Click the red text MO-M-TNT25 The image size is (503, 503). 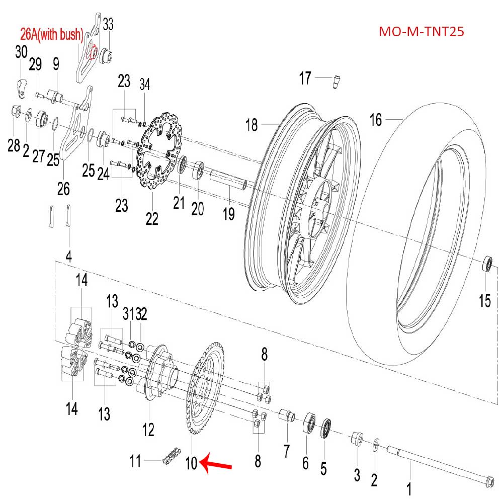pos(421,32)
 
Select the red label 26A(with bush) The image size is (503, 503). pos(51,35)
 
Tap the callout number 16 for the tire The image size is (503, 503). pos(376,120)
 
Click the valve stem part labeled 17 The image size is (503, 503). pos(336,80)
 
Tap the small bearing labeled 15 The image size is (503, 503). pos(487,264)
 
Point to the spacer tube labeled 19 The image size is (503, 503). pos(227,180)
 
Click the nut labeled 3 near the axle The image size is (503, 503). pos(357,439)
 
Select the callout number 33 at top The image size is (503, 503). pos(108,24)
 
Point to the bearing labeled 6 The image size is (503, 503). pos(308,424)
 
